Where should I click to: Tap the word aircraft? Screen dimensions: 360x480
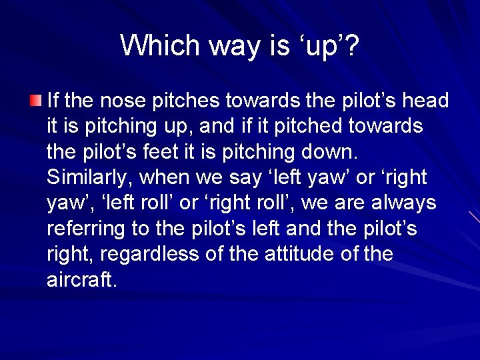(81, 280)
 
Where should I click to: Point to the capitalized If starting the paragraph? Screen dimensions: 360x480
(53, 101)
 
